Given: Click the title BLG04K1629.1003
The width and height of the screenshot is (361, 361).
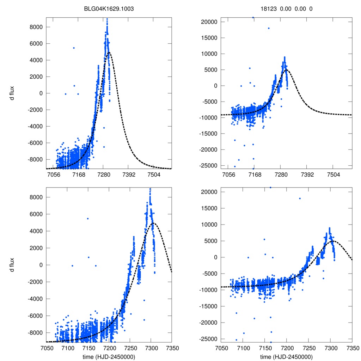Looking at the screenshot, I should coord(109,10).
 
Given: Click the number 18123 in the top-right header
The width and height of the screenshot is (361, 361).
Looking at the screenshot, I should coord(270,10).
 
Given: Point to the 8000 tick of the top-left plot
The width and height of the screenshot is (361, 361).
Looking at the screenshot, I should coord(36,27).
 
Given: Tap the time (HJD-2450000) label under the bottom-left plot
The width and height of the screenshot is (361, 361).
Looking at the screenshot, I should coord(109,356).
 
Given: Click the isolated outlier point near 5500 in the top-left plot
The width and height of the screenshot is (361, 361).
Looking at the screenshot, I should coord(74,48).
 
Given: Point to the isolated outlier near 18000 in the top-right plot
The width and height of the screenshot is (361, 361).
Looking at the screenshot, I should coord(269,28).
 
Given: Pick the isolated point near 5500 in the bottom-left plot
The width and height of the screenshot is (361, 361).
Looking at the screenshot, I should coord(88,219).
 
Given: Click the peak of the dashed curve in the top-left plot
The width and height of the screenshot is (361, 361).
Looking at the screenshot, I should coord(109,52).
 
